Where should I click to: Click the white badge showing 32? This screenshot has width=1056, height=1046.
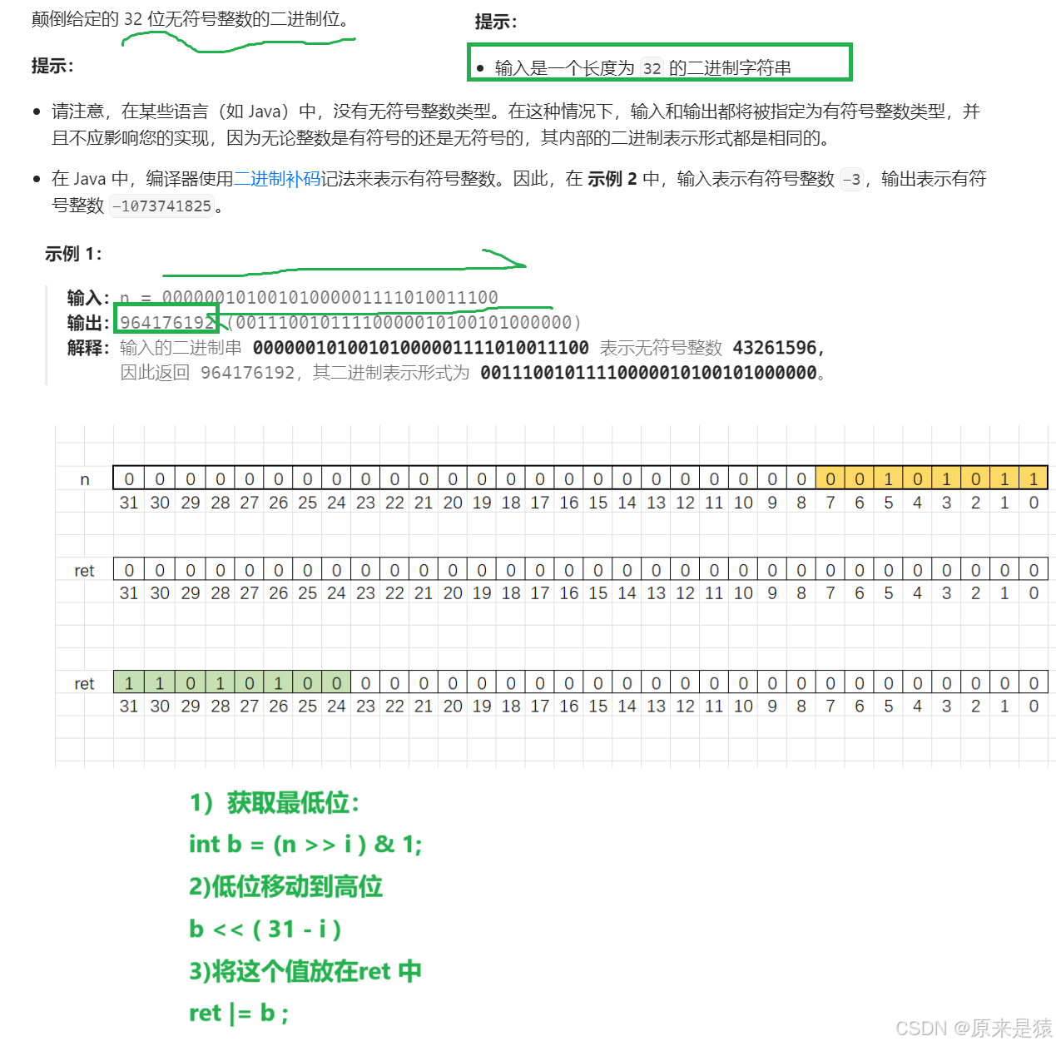pyautogui.click(x=652, y=68)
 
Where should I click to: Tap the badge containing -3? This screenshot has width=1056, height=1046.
pyautogui.click(x=851, y=179)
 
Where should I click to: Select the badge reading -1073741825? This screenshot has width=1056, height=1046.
pyautogui.click(x=162, y=206)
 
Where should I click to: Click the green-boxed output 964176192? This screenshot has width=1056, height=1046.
pyautogui.click(x=167, y=322)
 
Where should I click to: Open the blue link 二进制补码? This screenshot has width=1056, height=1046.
pyautogui.click(x=285, y=178)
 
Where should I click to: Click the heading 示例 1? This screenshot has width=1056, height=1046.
pyautogui.click(x=73, y=254)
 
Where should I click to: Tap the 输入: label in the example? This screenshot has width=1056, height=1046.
pyautogui.click(x=88, y=297)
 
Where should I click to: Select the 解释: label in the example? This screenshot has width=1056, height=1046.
pyautogui.click(x=88, y=347)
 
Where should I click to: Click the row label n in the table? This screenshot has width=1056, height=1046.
pyautogui.click(x=84, y=479)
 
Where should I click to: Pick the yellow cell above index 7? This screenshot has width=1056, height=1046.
pyautogui.click(x=830, y=478)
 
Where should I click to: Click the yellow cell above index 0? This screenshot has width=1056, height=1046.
pyautogui.click(x=1034, y=478)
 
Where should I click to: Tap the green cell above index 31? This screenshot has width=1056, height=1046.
pyautogui.click(x=128, y=683)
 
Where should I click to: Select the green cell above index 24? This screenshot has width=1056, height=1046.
pyautogui.click(x=336, y=683)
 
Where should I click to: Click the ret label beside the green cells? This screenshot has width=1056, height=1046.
pyautogui.click(x=84, y=684)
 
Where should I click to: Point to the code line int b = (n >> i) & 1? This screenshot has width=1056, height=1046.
pyautogui.click(x=305, y=845)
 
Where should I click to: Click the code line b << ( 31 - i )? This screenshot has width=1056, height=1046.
pyautogui.click(x=265, y=929)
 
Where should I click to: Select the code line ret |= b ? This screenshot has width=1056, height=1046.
pyautogui.click(x=239, y=1014)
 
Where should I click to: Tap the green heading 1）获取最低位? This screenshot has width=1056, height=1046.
pyautogui.click(x=275, y=803)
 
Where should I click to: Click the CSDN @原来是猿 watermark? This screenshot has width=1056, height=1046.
pyautogui.click(x=972, y=1028)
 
